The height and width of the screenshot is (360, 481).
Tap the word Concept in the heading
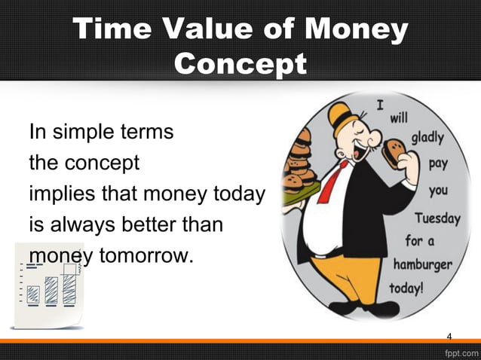(x=240, y=64)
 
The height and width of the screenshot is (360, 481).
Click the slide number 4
(x=449, y=336)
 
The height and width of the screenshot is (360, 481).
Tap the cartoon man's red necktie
(x=332, y=181)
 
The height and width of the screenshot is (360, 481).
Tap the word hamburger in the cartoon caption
(x=422, y=265)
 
